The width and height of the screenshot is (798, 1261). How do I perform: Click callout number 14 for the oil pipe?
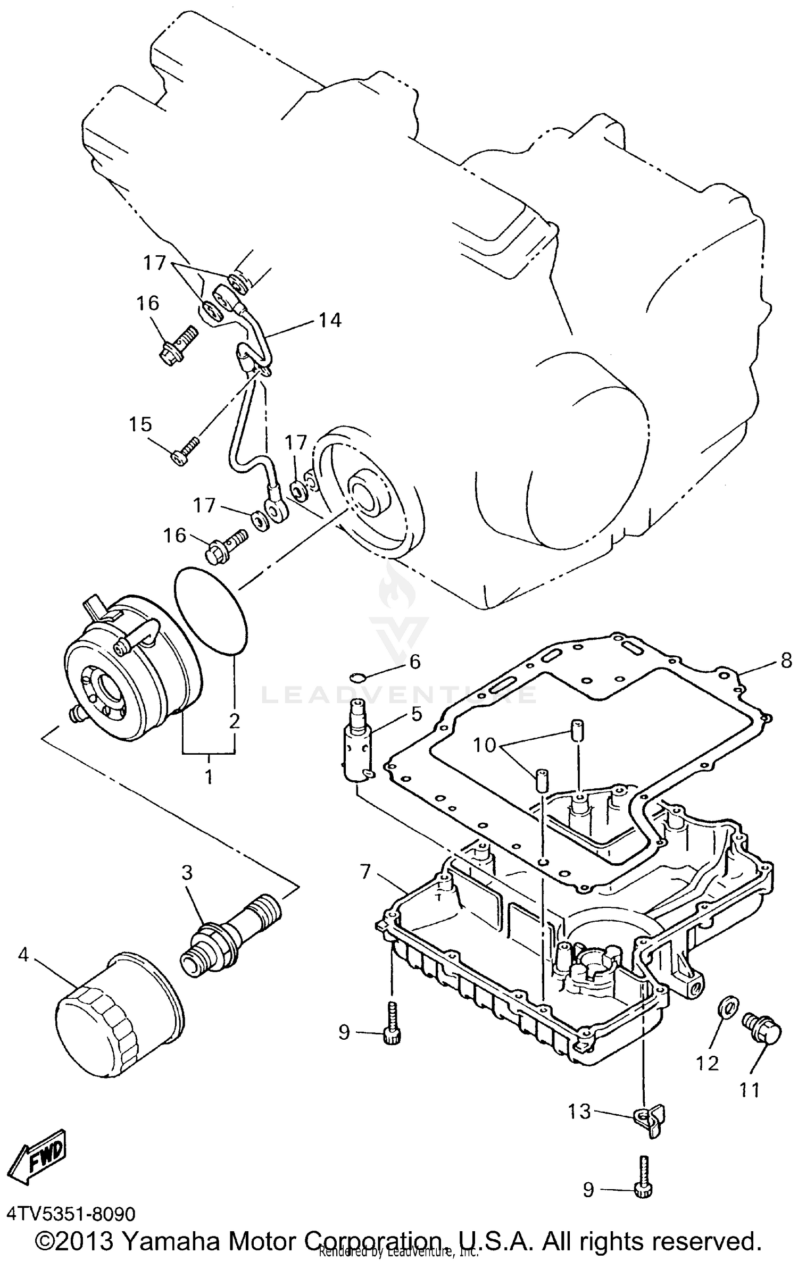[x=330, y=320]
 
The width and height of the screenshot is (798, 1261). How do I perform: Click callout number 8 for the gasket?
[x=786, y=662]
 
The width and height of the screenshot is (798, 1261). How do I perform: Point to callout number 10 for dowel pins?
[x=485, y=745]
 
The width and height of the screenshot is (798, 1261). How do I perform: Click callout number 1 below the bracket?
[x=209, y=778]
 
